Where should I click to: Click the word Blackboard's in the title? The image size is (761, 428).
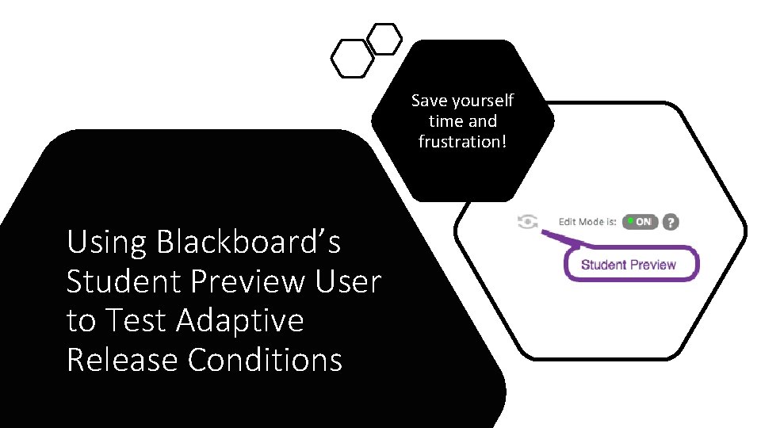click(248, 243)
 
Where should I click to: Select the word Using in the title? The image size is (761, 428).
click(107, 243)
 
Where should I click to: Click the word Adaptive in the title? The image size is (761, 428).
click(239, 320)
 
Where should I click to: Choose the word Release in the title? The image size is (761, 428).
click(123, 359)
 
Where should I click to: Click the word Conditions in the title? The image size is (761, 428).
click(265, 359)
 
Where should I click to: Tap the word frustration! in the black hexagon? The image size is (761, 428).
click(462, 142)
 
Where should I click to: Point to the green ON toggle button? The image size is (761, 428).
click(639, 222)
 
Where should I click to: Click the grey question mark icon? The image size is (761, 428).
click(671, 222)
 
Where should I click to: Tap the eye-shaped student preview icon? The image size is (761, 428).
click(527, 222)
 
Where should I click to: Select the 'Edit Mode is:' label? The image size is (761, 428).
click(587, 222)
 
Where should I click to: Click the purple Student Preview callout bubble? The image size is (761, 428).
click(631, 265)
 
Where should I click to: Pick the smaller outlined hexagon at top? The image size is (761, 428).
click(385, 39)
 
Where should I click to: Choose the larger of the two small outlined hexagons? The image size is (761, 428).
click(352, 58)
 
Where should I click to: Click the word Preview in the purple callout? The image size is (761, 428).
click(653, 265)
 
